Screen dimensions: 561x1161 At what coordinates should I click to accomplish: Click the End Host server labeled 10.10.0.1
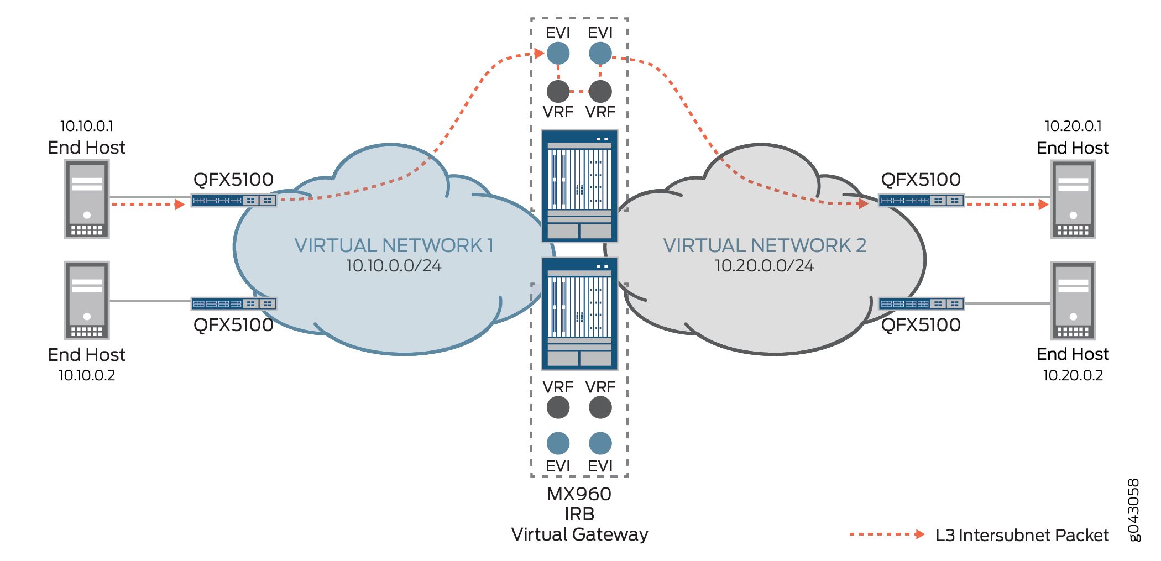(87, 199)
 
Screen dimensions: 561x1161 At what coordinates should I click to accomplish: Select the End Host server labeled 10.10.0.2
(87, 300)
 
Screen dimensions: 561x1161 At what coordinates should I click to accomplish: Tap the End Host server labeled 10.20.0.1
(1073, 199)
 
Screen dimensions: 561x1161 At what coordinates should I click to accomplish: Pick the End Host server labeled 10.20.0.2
(1073, 300)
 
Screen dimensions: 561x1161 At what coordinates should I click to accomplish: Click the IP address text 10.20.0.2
(1073, 375)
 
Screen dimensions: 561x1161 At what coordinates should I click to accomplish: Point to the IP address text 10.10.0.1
(87, 126)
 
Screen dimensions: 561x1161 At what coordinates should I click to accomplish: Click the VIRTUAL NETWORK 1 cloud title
(394, 245)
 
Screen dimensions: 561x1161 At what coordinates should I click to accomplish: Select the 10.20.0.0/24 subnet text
(764, 266)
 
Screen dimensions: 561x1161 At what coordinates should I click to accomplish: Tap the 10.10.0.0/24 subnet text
(394, 266)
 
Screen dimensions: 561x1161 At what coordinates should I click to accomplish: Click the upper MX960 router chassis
(579, 186)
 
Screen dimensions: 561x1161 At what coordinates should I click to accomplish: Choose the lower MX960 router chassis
(579, 313)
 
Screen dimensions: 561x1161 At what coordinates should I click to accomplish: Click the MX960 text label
(579, 494)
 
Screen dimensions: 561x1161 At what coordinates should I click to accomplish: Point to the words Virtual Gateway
(579, 534)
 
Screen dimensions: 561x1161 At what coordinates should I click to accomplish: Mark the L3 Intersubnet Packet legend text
(1022, 535)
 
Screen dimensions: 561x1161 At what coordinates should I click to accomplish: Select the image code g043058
(1133, 510)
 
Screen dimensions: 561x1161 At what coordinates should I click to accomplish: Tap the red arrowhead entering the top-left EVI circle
(539, 54)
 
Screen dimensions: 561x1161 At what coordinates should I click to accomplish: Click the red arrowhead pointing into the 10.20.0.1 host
(1043, 205)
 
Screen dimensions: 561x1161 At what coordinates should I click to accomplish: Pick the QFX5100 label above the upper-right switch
(921, 180)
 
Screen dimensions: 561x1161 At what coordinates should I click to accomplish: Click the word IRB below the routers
(579, 514)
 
